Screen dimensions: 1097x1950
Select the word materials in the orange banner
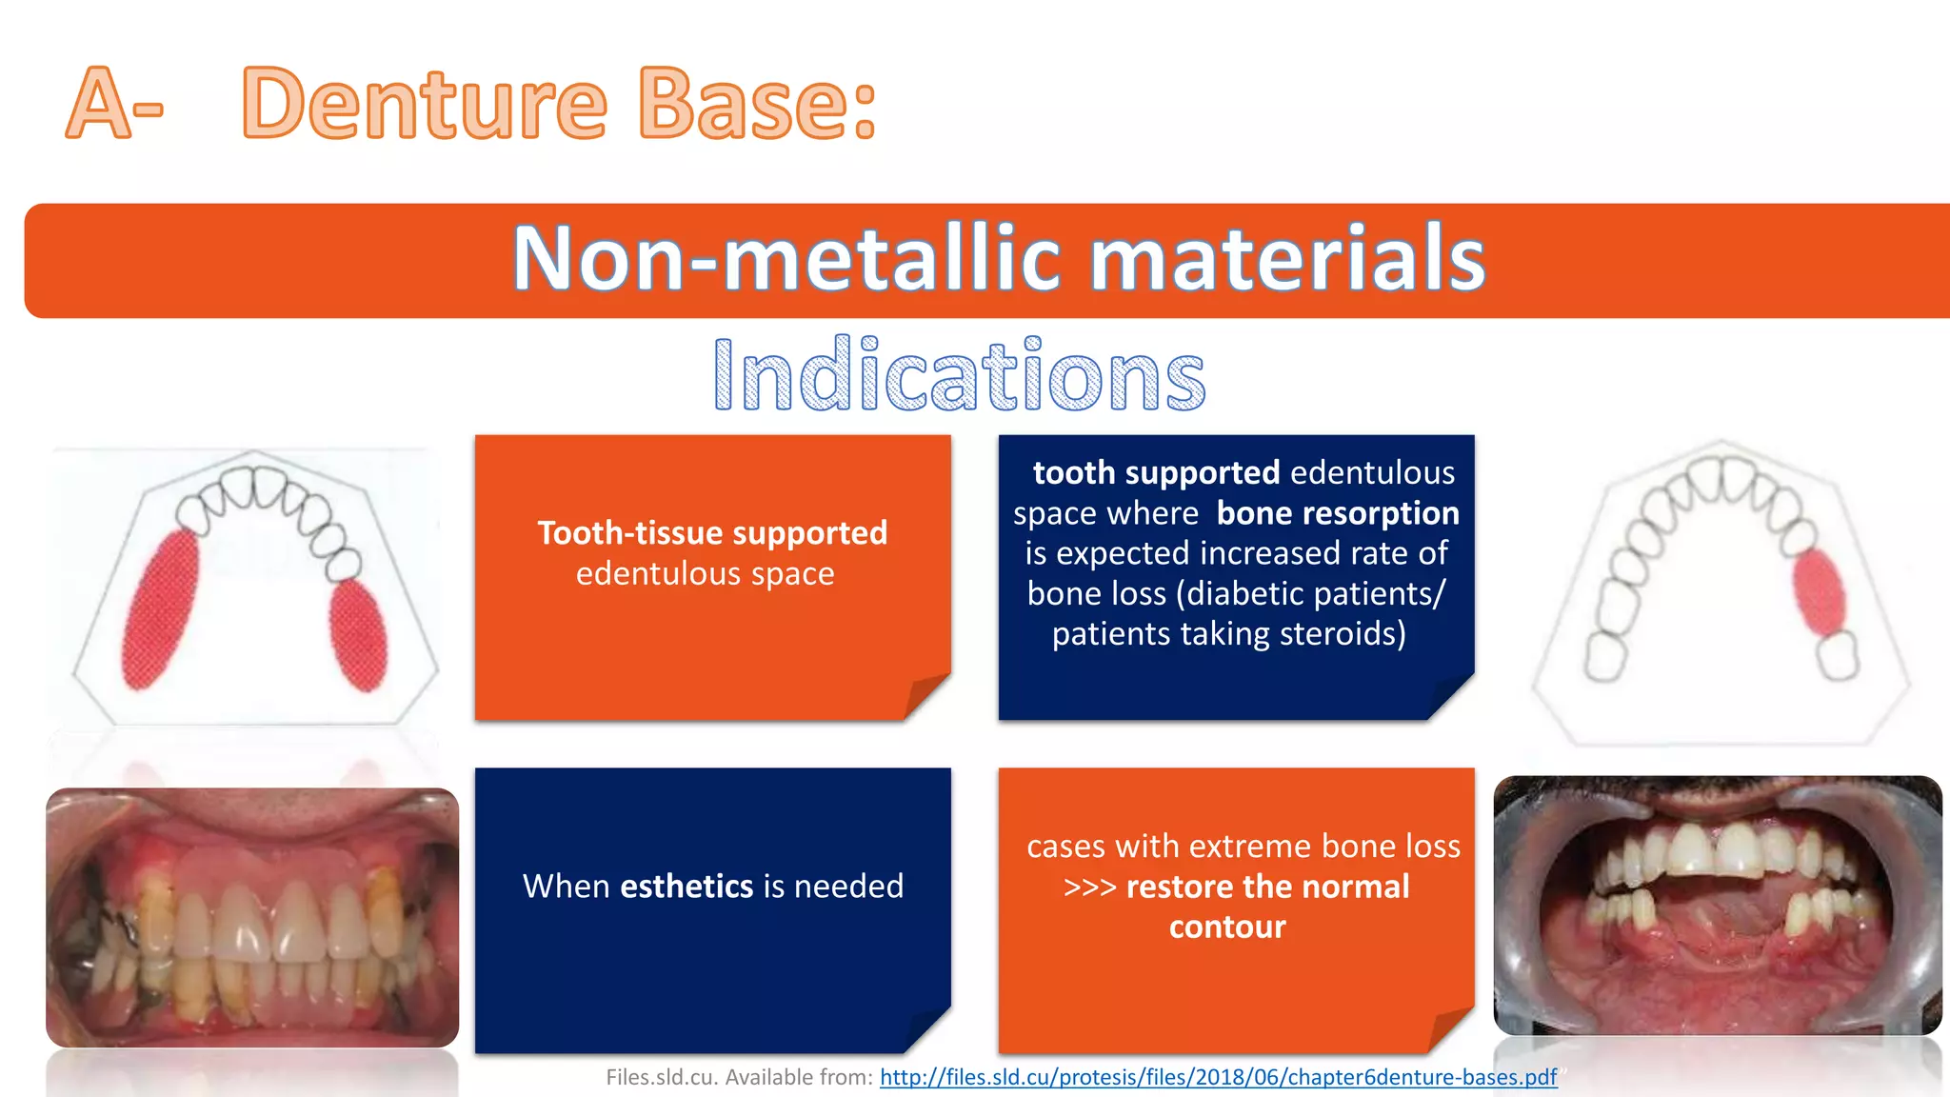pyautogui.click(x=1285, y=259)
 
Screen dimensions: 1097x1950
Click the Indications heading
pyautogui.click(x=959, y=376)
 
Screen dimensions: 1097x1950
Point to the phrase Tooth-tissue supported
pyautogui.click(x=712, y=532)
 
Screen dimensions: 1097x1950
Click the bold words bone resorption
pyautogui.click(x=1337, y=513)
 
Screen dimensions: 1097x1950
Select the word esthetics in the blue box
pyautogui.click(x=686, y=887)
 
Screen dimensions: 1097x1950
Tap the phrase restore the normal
pyautogui.click(x=1266, y=887)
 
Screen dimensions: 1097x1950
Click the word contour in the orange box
pyautogui.click(x=1227, y=927)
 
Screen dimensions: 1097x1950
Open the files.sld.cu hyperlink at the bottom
pyautogui.click(x=1218, y=1077)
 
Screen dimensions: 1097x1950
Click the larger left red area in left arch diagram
pyautogui.click(x=160, y=609)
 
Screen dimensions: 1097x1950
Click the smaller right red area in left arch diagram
pyautogui.click(x=359, y=635)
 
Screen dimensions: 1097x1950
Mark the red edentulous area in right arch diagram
pyautogui.click(x=1819, y=592)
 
